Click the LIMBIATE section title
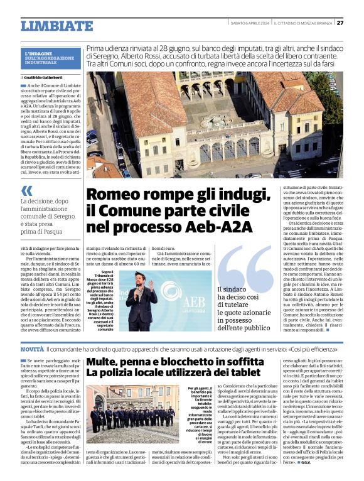(x=56, y=26)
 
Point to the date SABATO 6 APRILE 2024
(x=249, y=23)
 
